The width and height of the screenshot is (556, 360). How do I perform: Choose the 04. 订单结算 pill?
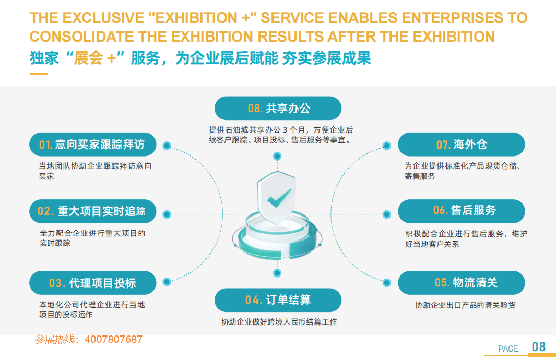[278, 300]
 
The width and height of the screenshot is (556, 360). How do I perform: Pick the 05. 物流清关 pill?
[462, 283]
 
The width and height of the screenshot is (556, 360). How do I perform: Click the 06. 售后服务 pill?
[462, 211]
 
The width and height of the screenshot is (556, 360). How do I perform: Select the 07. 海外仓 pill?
[462, 145]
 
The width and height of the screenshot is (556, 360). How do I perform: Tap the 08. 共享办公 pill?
[278, 109]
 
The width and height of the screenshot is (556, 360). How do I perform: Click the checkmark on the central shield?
[278, 198]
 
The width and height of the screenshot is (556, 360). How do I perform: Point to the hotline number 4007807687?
[113, 340]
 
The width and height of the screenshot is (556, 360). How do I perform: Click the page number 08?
[538, 347]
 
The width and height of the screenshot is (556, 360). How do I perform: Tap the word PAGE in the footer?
[508, 349]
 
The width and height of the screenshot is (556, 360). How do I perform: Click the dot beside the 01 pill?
[167, 146]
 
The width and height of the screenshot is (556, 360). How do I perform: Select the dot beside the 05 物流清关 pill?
[387, 282]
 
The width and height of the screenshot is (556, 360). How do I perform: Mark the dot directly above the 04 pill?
[278, 273]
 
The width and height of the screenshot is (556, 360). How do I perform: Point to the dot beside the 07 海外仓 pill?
[387, 146]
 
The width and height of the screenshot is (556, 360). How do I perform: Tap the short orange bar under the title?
[39, 74]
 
